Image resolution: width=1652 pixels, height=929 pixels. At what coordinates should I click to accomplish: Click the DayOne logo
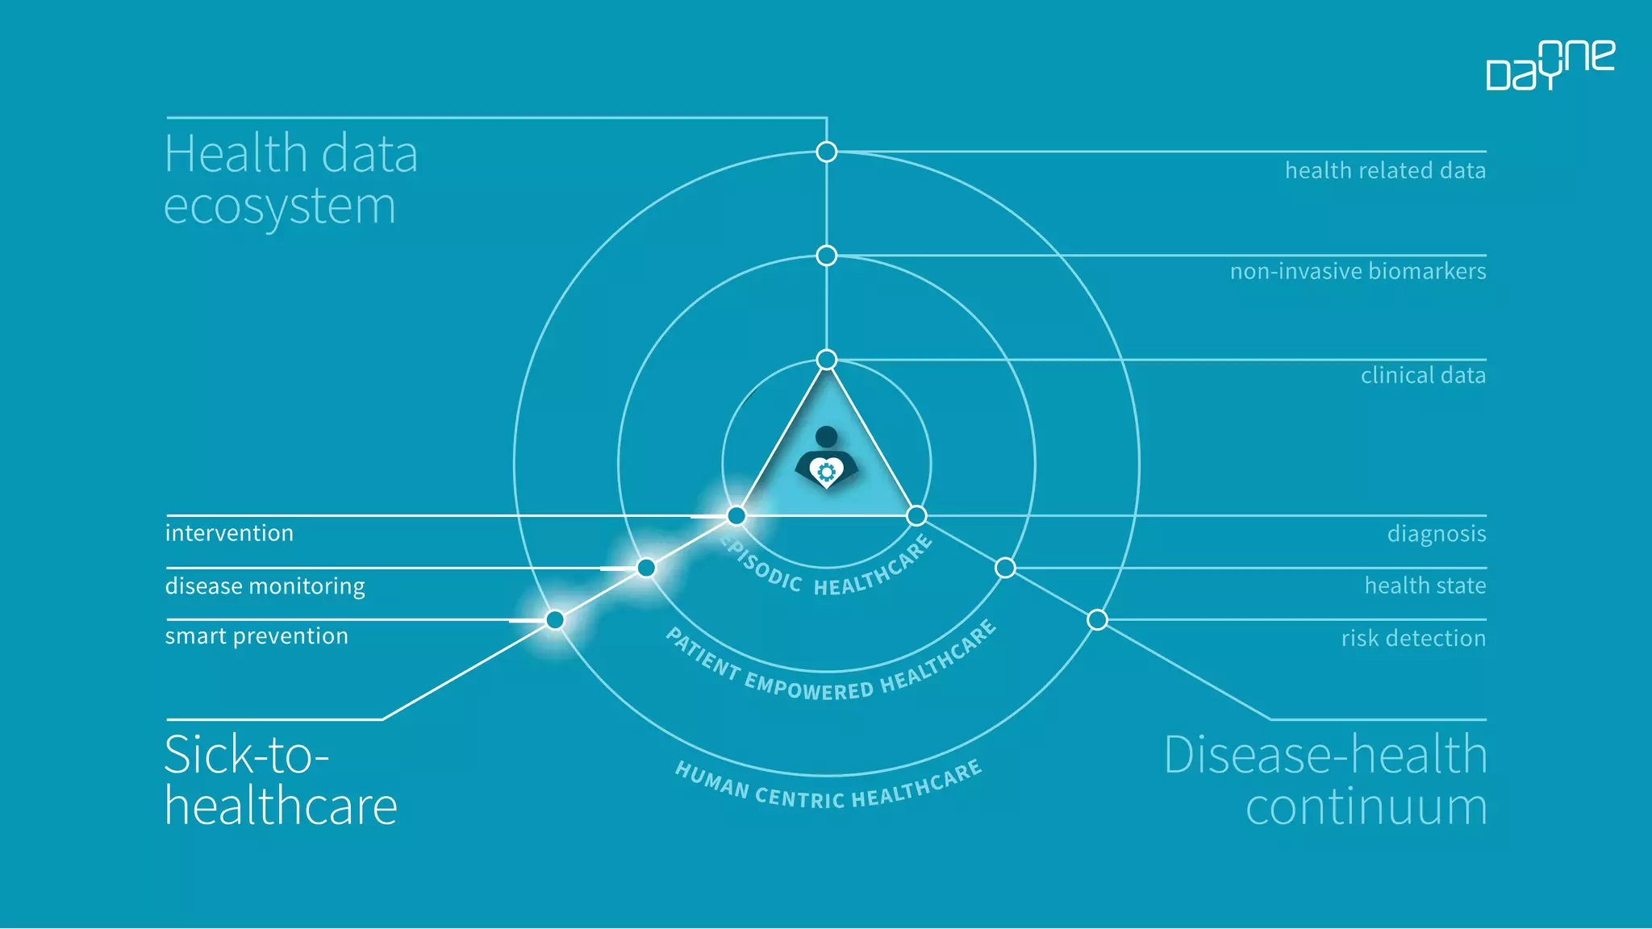[x=1550, y=65]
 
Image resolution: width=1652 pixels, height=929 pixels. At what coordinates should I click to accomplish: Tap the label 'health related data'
[x=1384, y=171]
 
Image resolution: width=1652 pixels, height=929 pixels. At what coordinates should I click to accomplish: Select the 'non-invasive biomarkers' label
[x=1358, y=272]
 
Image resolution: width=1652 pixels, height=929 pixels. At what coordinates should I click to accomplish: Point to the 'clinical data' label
[x=1423, y=376]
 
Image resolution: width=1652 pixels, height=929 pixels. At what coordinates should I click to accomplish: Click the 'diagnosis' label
[x=1436, y=534]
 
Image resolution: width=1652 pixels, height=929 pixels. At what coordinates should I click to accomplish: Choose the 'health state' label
[x=1425, y=585]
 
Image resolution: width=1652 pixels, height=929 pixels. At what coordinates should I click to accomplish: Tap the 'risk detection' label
[x=1413, y=639]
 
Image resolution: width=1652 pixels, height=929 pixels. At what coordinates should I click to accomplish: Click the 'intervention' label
[x=229, y=533]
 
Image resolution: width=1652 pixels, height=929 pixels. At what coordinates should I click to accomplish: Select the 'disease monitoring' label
[x=265, y=586]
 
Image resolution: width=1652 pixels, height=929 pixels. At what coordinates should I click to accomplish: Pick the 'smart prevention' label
[x=257, y=636]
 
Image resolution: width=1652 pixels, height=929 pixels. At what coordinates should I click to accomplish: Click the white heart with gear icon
[x=827, y=472]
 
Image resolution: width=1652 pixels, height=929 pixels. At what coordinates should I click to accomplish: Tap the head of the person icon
[x=827, y=437]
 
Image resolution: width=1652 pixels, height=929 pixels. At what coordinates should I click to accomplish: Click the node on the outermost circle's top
[x=827, y=152]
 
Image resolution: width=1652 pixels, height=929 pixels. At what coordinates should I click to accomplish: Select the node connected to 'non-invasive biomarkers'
[x=827, y=256]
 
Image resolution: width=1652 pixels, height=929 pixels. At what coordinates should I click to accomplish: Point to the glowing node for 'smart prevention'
[x=555, y=620]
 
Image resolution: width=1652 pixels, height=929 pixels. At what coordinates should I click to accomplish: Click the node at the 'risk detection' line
[x=1097, y=620]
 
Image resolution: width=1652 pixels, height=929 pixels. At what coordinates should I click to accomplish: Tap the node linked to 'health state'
[x=1005, y=568]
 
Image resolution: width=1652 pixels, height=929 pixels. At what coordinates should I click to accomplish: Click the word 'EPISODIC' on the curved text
[x=761, y=565]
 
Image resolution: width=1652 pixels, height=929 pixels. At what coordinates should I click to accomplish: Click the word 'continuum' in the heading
[x=1366, y=807]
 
